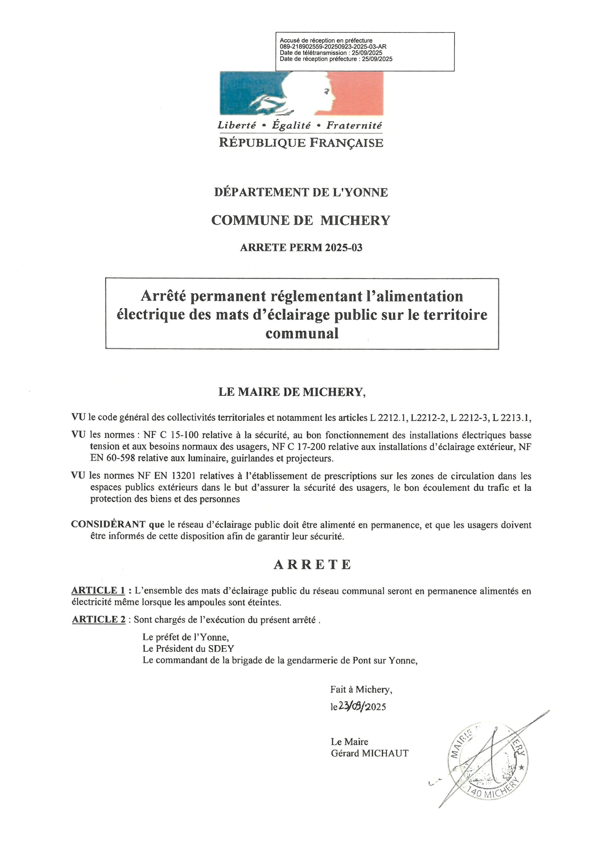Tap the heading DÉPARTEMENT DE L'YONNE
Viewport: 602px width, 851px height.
pos(301,192)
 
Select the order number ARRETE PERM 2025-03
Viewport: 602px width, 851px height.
pos(301,248)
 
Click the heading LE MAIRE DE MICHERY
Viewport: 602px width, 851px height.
pos(292,392)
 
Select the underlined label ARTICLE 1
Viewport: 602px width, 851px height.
pos(98,590)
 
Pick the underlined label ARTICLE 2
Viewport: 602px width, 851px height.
pos(99,619)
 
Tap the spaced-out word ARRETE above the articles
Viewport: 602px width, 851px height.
pos(312,564)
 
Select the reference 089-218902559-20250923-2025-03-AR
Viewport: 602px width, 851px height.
pos(333,47)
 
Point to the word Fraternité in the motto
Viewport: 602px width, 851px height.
pos(354,126)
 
